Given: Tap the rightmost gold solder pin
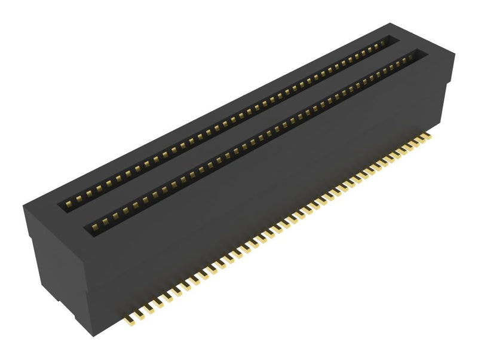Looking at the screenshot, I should point(427,137).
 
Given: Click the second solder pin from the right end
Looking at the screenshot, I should point(421,141).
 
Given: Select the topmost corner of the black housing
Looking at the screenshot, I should point(391,23).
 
